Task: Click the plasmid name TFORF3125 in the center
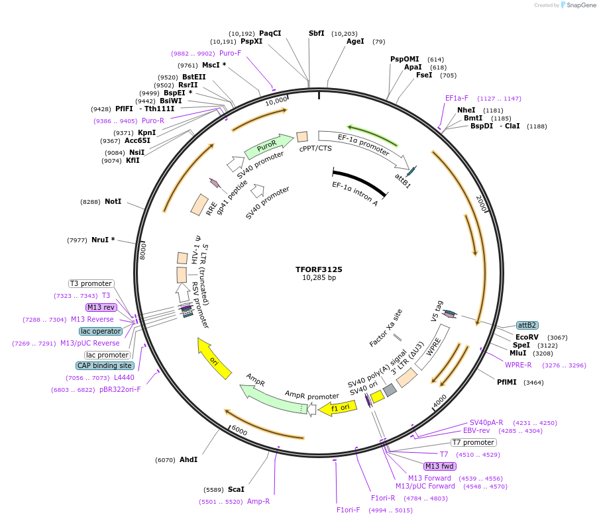319,269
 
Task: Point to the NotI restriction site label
113,201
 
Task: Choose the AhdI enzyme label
188,459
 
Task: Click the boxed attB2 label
527,325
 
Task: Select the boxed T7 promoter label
473,442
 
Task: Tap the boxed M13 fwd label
440,466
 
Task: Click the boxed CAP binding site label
105,365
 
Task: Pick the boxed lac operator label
101,331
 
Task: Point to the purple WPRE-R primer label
518,365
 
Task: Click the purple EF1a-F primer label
457,98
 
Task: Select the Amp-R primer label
258,502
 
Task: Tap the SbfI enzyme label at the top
317,33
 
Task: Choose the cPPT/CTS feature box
302,136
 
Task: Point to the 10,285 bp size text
319,278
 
